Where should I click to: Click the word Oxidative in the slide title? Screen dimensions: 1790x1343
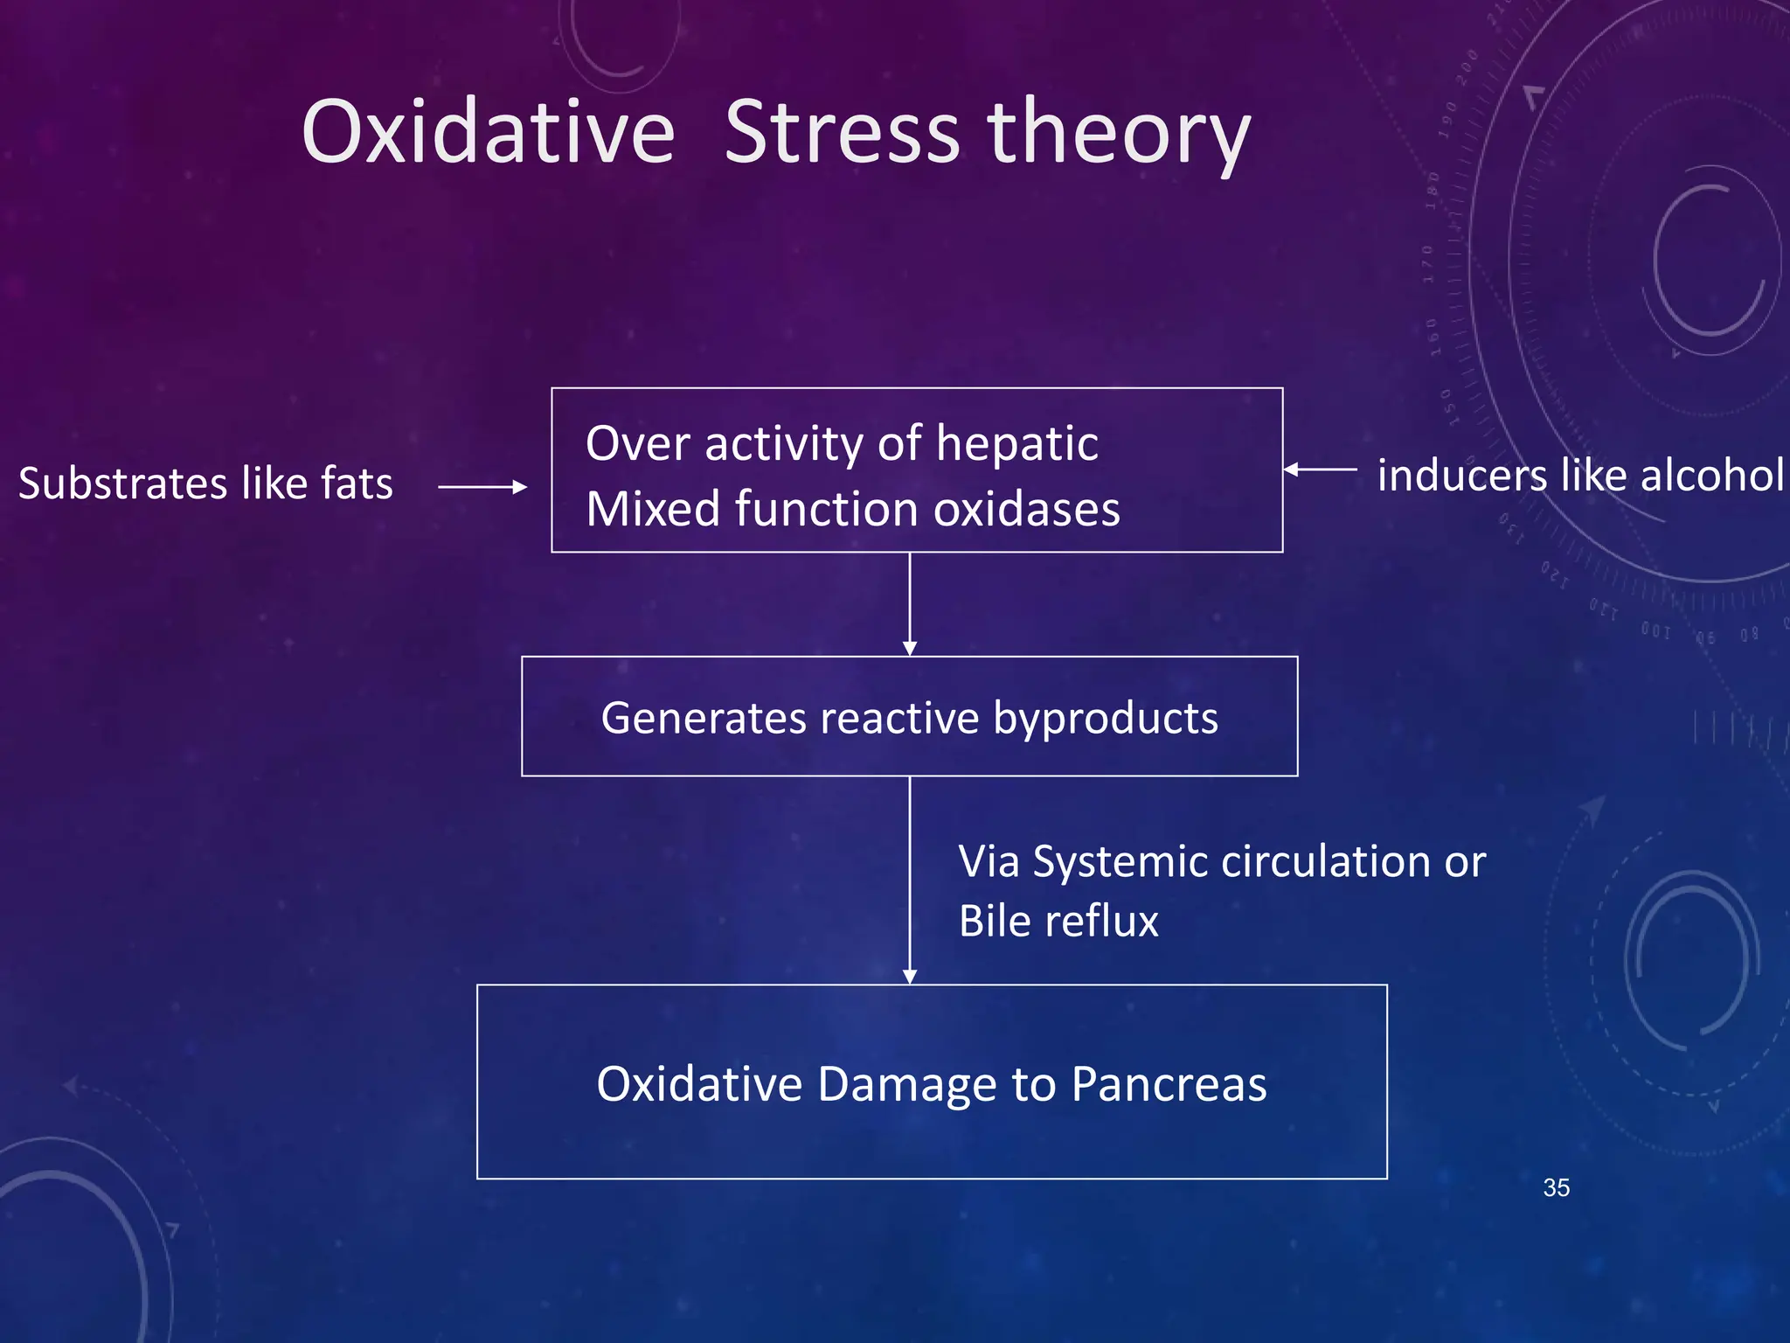489,131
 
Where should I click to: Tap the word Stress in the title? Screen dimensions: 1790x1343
843,131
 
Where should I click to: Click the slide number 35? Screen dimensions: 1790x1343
1556,1187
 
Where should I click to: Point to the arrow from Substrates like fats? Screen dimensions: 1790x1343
482,487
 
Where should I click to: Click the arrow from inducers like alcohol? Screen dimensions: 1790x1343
1320,470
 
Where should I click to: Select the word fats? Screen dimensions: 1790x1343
357,484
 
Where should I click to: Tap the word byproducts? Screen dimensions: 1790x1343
1106,720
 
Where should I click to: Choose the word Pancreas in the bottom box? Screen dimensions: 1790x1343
1169,1084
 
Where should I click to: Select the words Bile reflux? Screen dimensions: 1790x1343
1058,921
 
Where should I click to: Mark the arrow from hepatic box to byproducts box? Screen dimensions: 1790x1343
910,604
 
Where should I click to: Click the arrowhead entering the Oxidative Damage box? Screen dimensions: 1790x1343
910,978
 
